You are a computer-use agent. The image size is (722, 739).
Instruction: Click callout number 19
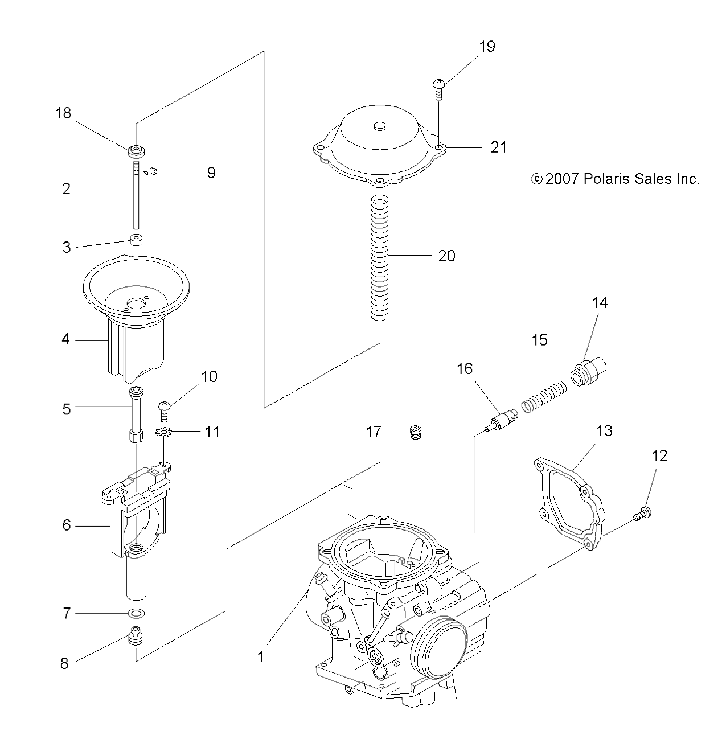pyautogui.click(x=487, y=47)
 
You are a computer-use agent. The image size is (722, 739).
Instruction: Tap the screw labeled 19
pyautogui.click(x=438, y=89)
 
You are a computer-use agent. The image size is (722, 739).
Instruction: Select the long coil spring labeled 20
pyautogui.click(x=380, y=257)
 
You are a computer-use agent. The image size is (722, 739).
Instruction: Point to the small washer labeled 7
pyautogui.click(x=137, y=613)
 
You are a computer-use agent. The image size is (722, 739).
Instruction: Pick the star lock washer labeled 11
pyautogui.click(x=163, y=432)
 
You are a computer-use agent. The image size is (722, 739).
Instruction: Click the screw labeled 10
pyautogui.click(x=164, y=411)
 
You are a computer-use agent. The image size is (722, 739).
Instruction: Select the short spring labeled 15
pyautogui.click(x=544, y=397)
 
